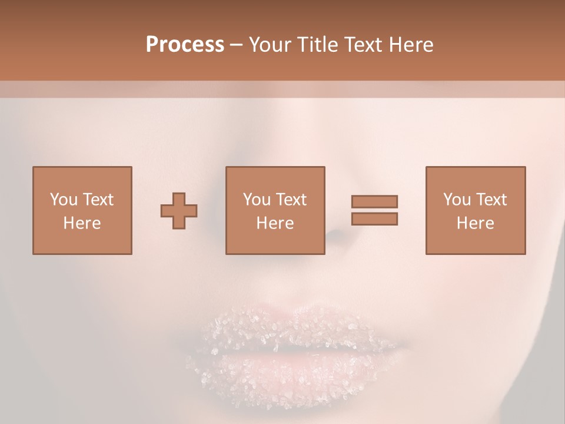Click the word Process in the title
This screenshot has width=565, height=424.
pos(185,45)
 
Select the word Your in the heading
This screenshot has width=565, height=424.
pos(270,45)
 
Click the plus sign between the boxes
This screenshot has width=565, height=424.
pos(179,211)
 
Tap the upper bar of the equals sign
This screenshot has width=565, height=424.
pos(374,201)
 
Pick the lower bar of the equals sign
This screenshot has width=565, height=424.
pos(374,218)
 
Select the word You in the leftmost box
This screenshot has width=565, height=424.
pos(63,199)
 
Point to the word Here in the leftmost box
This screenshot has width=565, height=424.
pos(82,223)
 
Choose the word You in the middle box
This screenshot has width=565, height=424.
pos(256,199)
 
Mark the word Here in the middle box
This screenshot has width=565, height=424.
pos(275,223)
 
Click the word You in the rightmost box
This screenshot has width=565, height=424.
pos(456,199)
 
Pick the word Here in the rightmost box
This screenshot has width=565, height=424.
pos(475,223)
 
